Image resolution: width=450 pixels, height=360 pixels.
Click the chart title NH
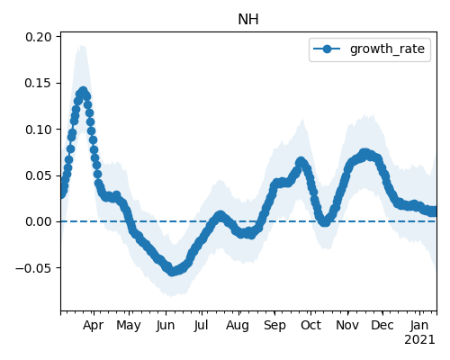(x=248, y=20)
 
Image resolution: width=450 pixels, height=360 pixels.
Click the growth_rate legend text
(x=387, y=49)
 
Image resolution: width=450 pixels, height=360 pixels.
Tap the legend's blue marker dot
(x=327, y=49)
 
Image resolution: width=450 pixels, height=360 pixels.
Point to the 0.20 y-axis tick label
(x=39, y=37)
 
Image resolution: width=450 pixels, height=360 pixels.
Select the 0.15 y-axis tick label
(x=39, y=83)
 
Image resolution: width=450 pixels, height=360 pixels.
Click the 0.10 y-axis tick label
(x=39, y=130)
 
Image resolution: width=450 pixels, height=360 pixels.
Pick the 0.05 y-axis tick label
(x=39, y=175)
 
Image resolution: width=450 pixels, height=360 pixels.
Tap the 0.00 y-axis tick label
(x=39, y=221)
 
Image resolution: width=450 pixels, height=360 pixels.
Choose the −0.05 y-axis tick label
(x=33, y=268)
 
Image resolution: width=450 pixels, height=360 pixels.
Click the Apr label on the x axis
(x=94, y=326)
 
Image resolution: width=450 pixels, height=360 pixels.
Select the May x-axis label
(x=129, y=326)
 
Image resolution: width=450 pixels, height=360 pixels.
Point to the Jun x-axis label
(x=166, y=326)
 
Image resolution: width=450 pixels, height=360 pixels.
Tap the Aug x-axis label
(x=238, y=326)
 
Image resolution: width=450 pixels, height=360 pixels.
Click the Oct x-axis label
(x=311, y=325)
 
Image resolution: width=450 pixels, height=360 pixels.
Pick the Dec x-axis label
(x=382, y=325)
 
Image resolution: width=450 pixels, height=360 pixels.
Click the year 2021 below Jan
(x=419, y=340)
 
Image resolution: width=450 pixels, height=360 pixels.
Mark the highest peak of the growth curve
(x=83, y=91)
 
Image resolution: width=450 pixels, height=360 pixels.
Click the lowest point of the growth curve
(x=172, y=272)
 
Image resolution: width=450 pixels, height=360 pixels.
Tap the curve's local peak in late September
(x=301, y=162)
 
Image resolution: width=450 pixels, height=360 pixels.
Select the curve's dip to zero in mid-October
(x=325, y=222)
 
